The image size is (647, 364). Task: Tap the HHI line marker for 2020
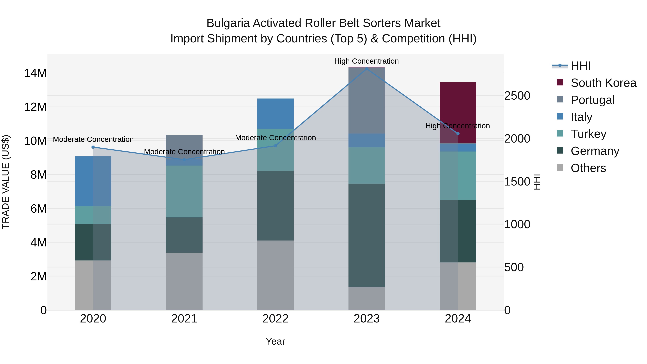(x=93, y=147)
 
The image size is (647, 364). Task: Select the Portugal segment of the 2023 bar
(x=366, y=100)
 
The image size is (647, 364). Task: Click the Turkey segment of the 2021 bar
(x=184, y=191)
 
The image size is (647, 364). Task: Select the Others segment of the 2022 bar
(x=275, y=275)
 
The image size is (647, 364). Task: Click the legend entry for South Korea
(x=603, y=83)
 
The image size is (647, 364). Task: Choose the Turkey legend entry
(x=588, y=134)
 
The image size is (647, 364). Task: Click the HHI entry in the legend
(x=581, y=66)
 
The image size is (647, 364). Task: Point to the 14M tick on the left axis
(x=35, y=73)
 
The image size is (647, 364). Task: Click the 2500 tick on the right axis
(x=517, y=96)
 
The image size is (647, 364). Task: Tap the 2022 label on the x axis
(x=275, y=319)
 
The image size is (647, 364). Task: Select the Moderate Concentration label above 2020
(x=93, y=139)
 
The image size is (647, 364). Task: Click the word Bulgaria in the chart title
(x=228, y=23)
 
